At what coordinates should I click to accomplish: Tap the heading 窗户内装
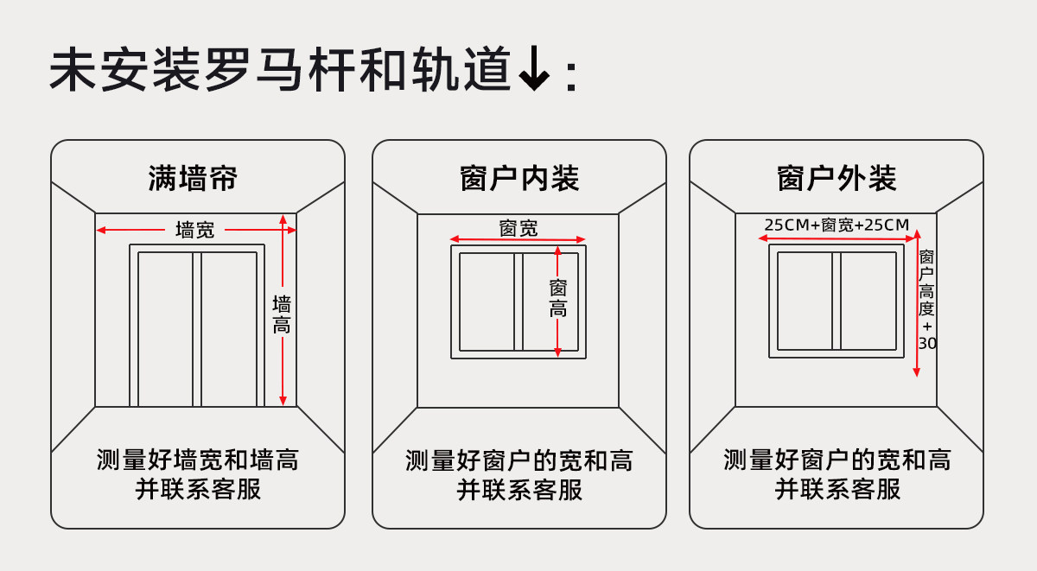pyautogui.click(x=519, y=179)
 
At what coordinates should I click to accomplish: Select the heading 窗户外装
pyautogui.click(x=837, y=179)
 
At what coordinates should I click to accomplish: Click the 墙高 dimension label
pyautogui.click(x=282, y=314)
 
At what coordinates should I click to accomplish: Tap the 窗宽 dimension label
pyautogui.click(x=518, y=228)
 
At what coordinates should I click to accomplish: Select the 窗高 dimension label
pyautogui.click(x=558, y=298)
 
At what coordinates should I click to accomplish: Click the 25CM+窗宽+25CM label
pyautogui.click(x=837, y=225)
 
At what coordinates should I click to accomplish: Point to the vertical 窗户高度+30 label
pyautogui.click(x=927, y=300)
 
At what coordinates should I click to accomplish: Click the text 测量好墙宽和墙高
pyautogui.click(x=198, y=460)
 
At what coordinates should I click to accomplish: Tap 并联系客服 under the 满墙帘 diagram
pyautogui.click(x=198, y=490)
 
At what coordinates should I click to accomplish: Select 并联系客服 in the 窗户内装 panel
pyautogui.click(x=519, y=490)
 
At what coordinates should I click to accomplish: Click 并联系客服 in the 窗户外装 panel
pyautogui.click(x=837, y=490)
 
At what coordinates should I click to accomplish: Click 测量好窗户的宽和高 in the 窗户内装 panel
pyautogui.click(x=519, y=460)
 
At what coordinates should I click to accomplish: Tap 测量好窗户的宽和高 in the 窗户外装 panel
pyautogui.click(x=837, y=460)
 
